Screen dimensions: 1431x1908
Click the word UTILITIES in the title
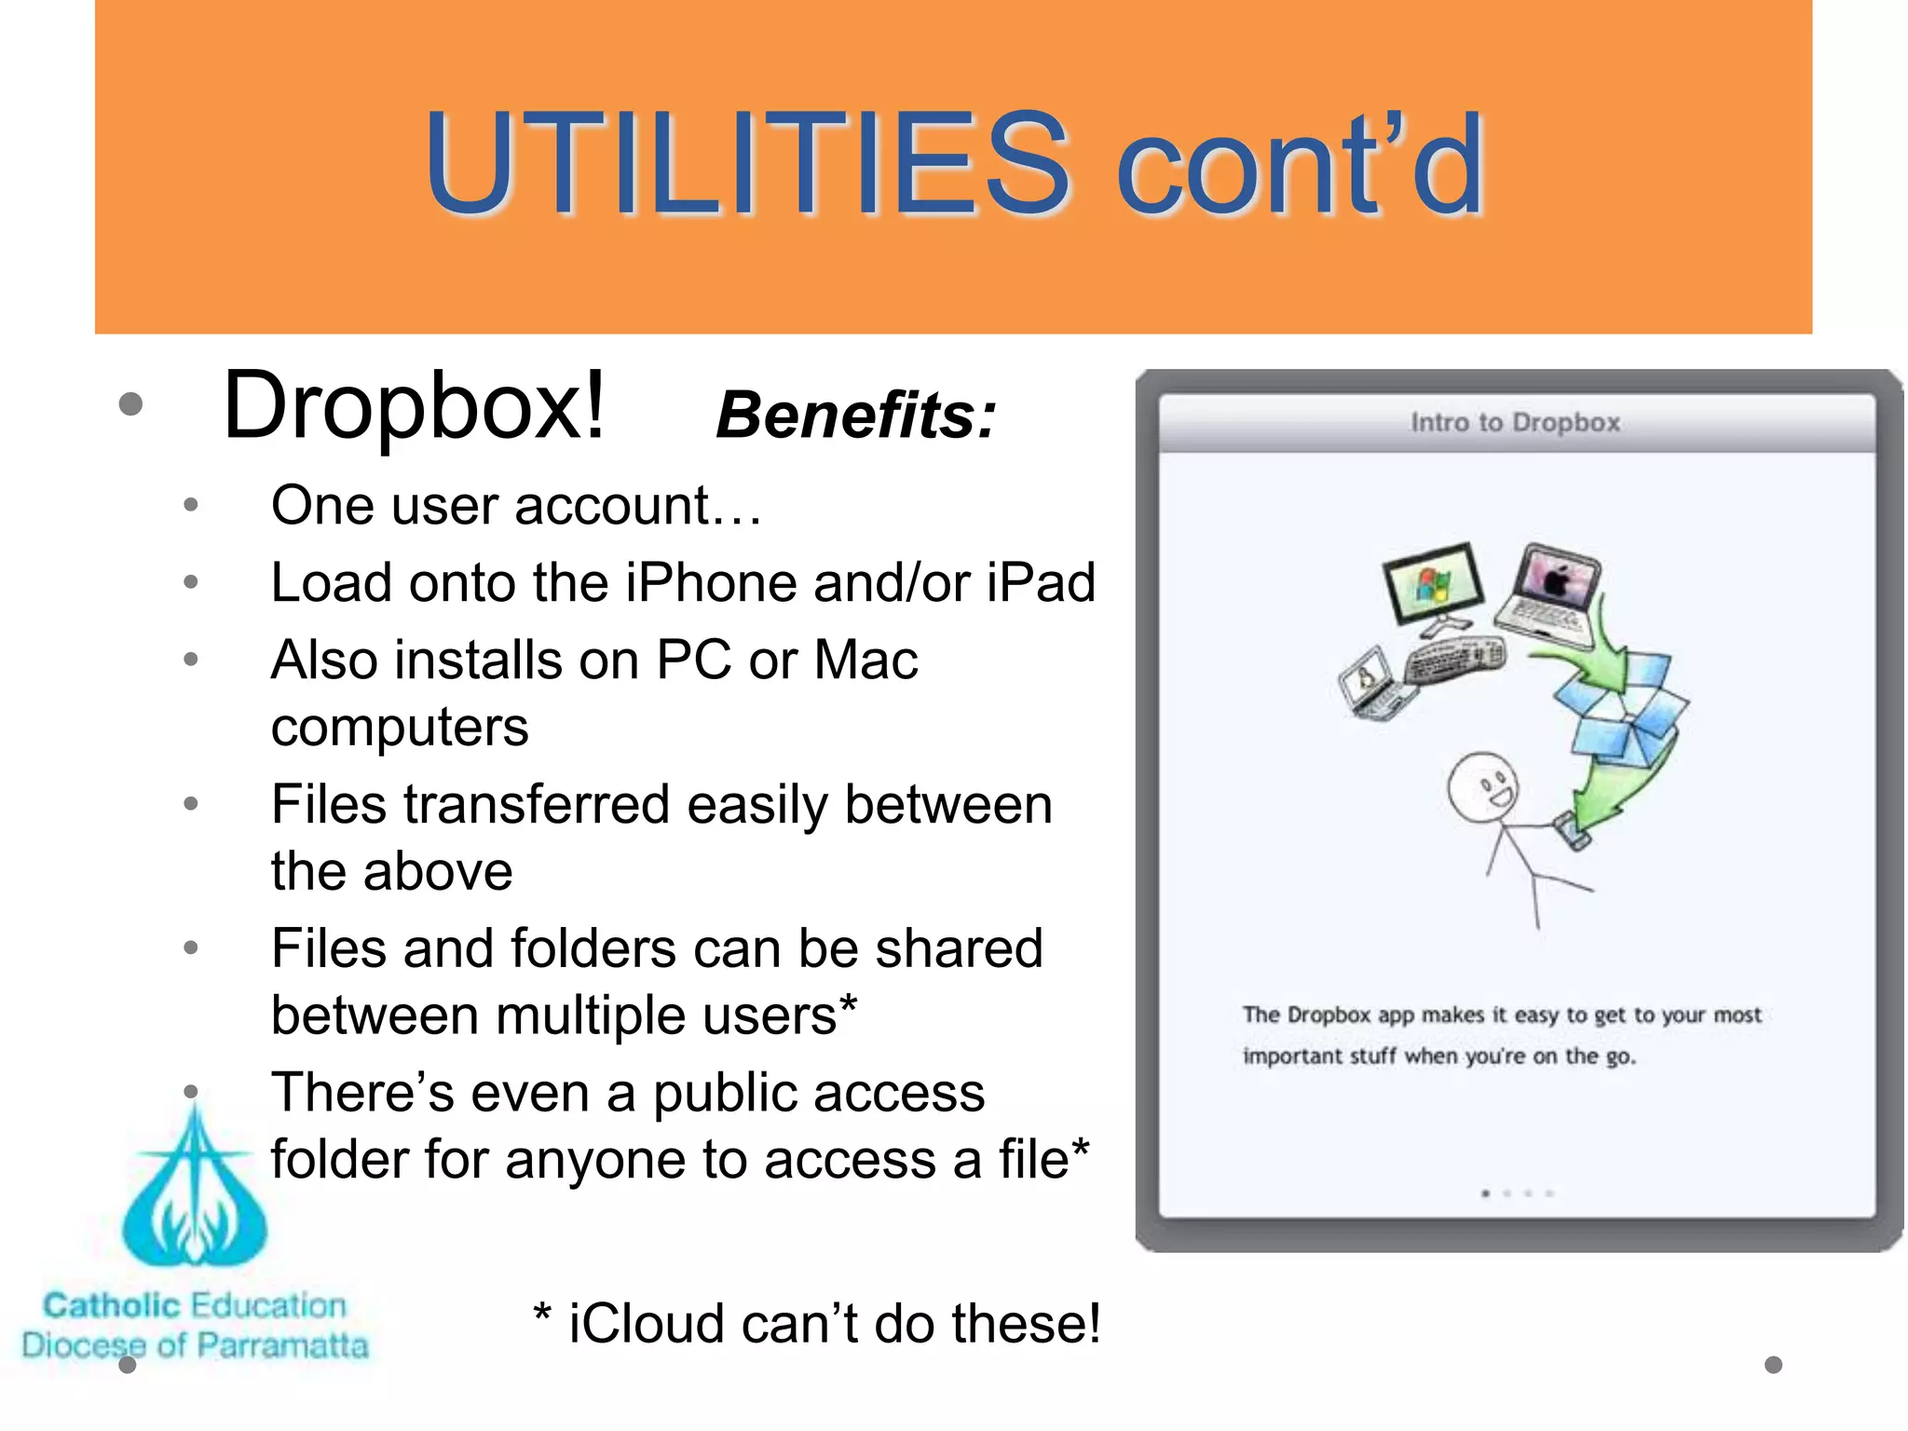coord(745,165)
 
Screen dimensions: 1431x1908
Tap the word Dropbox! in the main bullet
coord(415,406)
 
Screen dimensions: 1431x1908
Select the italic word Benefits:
coord(855,416)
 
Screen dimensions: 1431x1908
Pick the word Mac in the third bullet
coord(865,661)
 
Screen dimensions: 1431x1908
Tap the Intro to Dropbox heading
coord(1515,423)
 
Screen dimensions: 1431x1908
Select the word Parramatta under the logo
coord(283,1345)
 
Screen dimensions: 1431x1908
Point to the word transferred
coord(536,805)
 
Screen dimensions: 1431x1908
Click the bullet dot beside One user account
coord(191,506)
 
